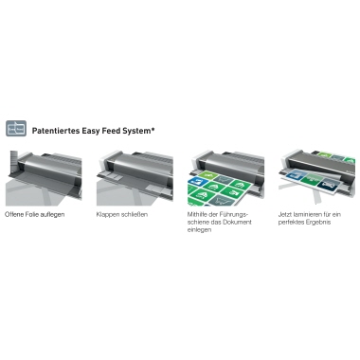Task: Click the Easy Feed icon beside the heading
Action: pos(16,128)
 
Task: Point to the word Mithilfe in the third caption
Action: pos(197,214)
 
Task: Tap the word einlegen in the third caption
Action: pos(199,230)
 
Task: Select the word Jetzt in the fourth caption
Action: pos(285,214)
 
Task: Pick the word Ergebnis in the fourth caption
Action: pos(318,223)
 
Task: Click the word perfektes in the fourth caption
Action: pos(291,223)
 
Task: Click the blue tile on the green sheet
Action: pos(195,181)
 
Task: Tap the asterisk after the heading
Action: pos(153,129)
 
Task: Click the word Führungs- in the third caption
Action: pos(233,215)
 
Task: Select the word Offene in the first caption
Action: pos(13,214)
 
